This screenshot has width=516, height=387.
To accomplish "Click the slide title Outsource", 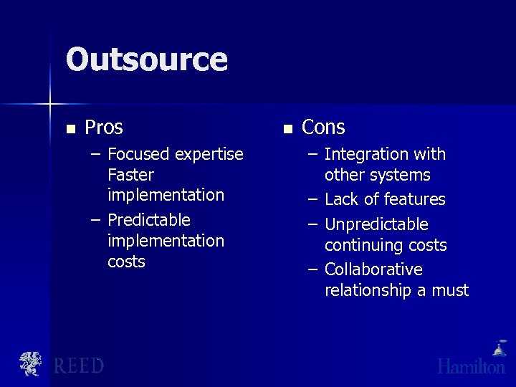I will (146, 59).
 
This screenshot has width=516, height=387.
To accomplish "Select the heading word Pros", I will (104, 128).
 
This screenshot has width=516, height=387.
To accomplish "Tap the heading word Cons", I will (323, 128).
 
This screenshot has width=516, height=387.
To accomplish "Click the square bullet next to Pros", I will (70, 130).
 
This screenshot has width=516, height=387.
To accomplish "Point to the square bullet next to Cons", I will (287, 130).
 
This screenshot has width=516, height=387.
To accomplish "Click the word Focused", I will (138, 154).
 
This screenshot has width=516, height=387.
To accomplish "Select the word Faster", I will (130, 175).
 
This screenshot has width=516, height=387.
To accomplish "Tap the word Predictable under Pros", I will (149, 220).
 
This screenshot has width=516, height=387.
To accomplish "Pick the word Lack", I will (341, 199).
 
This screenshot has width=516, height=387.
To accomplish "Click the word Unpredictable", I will (376, 224).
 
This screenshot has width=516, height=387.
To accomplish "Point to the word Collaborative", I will (373, 269).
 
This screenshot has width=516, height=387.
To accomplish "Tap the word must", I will (451, 290).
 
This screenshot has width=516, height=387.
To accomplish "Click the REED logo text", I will (79, 366).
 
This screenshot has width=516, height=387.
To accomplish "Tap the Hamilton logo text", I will (472, 366).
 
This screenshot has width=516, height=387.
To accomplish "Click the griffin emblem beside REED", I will (31, 364).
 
